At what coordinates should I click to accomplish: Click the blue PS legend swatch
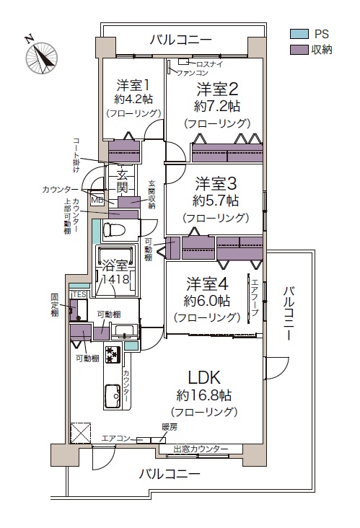[299, 34]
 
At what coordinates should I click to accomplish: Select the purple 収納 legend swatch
[299, 50]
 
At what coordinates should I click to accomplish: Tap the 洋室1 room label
[132, 85]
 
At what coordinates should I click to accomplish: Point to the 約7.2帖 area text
[217, 107]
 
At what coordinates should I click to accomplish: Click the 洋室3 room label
[216, 184]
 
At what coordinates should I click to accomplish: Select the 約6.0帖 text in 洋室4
[207, 301]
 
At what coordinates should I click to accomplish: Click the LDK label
[203, 377]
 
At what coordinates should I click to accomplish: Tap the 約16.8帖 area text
[203, 395]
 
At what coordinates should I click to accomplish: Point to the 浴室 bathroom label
[115, 266]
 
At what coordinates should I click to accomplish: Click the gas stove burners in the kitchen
[113, 355]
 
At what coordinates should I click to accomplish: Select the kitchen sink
[113, 396]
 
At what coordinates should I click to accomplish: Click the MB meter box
[97, 200]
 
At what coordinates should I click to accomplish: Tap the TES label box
[79, 294]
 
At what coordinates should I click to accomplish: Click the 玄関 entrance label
[123, 181]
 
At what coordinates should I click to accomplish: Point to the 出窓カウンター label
[201, 449]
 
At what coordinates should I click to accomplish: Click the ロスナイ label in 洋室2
[208, 64]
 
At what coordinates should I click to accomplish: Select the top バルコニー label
[180, 40]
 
